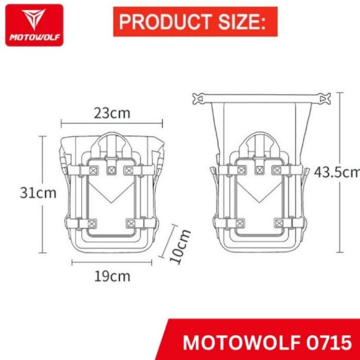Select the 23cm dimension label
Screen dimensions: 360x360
click(x=112, y=112)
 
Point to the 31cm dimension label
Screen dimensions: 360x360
click(x=38, y=193)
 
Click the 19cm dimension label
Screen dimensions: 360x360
click(x=112, y=276)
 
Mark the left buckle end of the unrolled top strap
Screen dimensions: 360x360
click(x=199, y=98)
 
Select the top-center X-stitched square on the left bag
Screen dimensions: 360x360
click(x=111, y=169)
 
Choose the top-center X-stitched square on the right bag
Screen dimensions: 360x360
click(x=259, y=169)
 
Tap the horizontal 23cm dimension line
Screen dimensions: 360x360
click(x=112, y=125)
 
